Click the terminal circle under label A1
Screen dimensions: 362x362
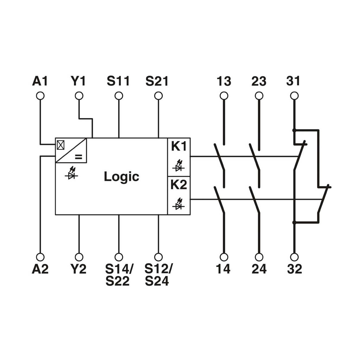click(40, 96)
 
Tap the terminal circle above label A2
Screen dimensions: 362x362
click(40, 257)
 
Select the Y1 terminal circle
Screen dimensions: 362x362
click(79, 96)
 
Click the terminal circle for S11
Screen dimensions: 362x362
click(119, 96)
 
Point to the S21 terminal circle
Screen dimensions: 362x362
click(158, 96)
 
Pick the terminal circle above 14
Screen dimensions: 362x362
click(224, 257)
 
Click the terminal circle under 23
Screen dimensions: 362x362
click(259, 96)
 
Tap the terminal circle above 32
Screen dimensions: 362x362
click(294, 257)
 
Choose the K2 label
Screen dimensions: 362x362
click(179, 185)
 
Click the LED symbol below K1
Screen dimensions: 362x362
click(179, 165)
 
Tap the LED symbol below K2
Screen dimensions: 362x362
click(179, 204)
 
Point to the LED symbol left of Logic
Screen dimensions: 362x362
click(71, 173)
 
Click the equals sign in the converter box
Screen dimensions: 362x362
click(78, 157)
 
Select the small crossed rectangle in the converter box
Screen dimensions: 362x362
click(61, 145)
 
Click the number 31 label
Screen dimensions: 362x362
click(293, 81)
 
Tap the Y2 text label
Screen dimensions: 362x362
click(78, 269)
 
